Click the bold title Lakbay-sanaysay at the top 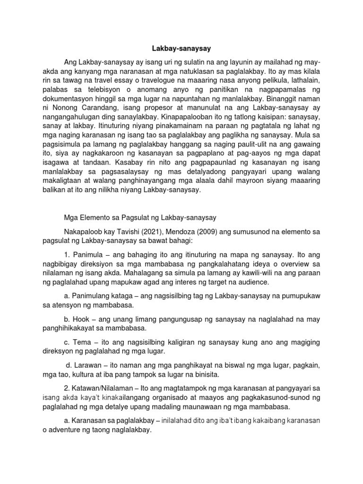click(x=181, y=48)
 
